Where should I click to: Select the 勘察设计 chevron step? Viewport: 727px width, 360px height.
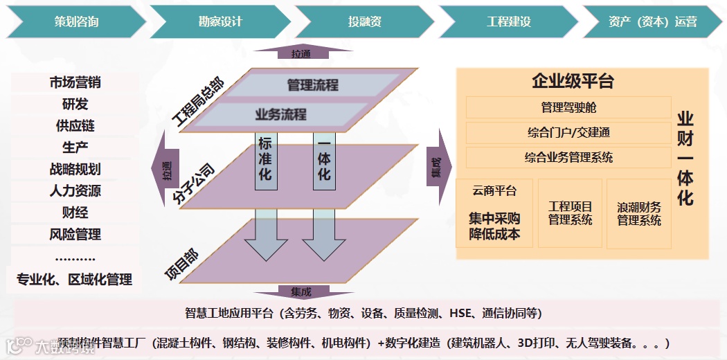click(x=220, y=21)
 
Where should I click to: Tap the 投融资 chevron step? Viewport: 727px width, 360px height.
click(x=365, y=21)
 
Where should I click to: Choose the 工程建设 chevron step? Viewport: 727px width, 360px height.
click(x=509, y=21)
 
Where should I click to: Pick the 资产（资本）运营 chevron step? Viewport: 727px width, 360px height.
click(x=653, y=21)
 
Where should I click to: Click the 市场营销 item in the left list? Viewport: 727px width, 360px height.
click(x=75, y=82)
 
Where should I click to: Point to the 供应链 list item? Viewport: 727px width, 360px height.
click(x=75, y=126)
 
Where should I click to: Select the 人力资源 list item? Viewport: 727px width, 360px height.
click(x=75, y=190)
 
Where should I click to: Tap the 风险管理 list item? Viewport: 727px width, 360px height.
click(x=75, y=234)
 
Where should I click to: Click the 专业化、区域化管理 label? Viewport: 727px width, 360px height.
click(x=75, y=280)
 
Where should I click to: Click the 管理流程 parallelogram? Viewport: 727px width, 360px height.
click(x=313, y=85)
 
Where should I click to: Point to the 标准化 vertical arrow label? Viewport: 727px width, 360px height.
click(x=265, y=159)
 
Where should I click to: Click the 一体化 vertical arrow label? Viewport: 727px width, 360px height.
click(x=324, y=159)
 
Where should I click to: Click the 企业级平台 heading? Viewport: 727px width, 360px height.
click(x=573, y=81)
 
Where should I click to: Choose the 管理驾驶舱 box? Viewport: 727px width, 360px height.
click(x=568, y=107)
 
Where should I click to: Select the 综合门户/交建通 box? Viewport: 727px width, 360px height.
click(x=568, y=132)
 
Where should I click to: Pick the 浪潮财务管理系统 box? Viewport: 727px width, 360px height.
click(x=639, y=214)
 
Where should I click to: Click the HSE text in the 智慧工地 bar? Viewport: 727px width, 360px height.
click(x=460, y=313)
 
